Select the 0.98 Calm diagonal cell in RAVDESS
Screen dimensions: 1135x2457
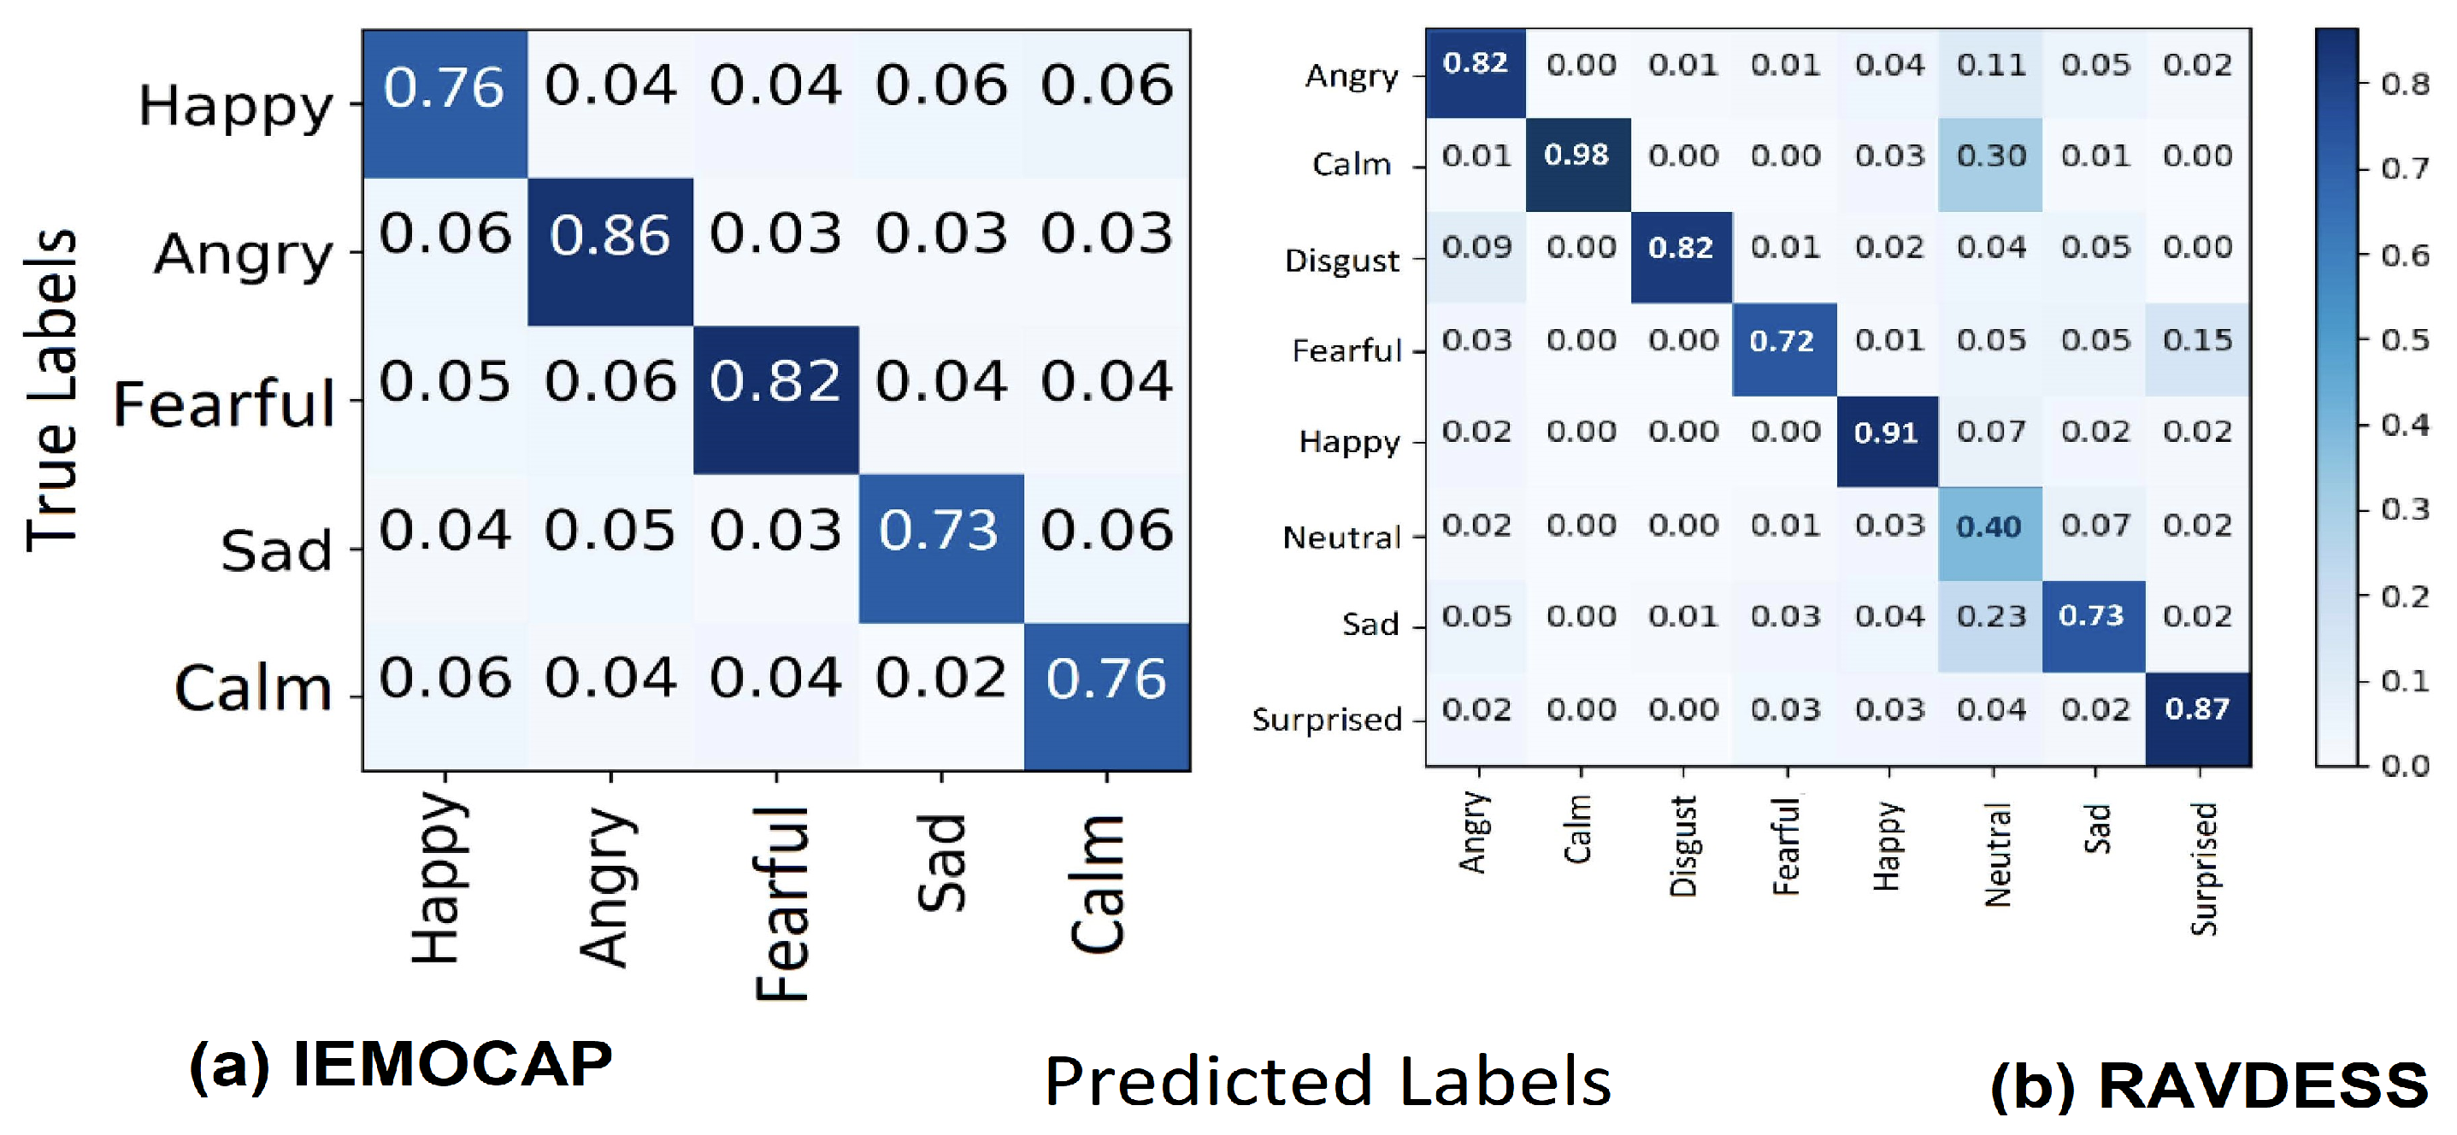point(1576,156)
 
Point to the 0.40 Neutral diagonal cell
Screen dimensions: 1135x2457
point(1989,526)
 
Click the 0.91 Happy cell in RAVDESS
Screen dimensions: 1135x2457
point(1886,434)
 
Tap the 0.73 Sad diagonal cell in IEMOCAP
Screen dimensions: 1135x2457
point(940,532)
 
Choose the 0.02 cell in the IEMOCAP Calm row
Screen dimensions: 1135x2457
point(940,679)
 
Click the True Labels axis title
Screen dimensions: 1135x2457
point(51,391)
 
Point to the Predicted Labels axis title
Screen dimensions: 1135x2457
point(1328,1083)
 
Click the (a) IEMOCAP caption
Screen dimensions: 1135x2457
point(401,1066)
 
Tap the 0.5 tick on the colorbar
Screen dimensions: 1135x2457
point(2405,340)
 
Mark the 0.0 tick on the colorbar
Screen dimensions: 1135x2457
point(2405,766)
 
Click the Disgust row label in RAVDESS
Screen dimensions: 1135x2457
point(1342,262)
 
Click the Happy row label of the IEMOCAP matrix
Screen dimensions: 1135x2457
point(236,107)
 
